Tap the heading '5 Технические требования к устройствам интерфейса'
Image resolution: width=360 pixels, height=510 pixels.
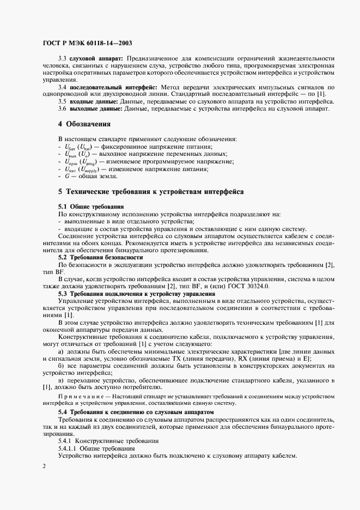pos(151,192)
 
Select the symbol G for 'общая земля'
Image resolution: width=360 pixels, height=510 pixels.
pos(67,176)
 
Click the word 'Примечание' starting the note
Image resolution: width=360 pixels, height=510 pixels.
pos(77,396)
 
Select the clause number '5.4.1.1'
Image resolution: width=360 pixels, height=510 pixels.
pos(69,448)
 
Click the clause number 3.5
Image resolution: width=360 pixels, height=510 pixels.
pos(62,101)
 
